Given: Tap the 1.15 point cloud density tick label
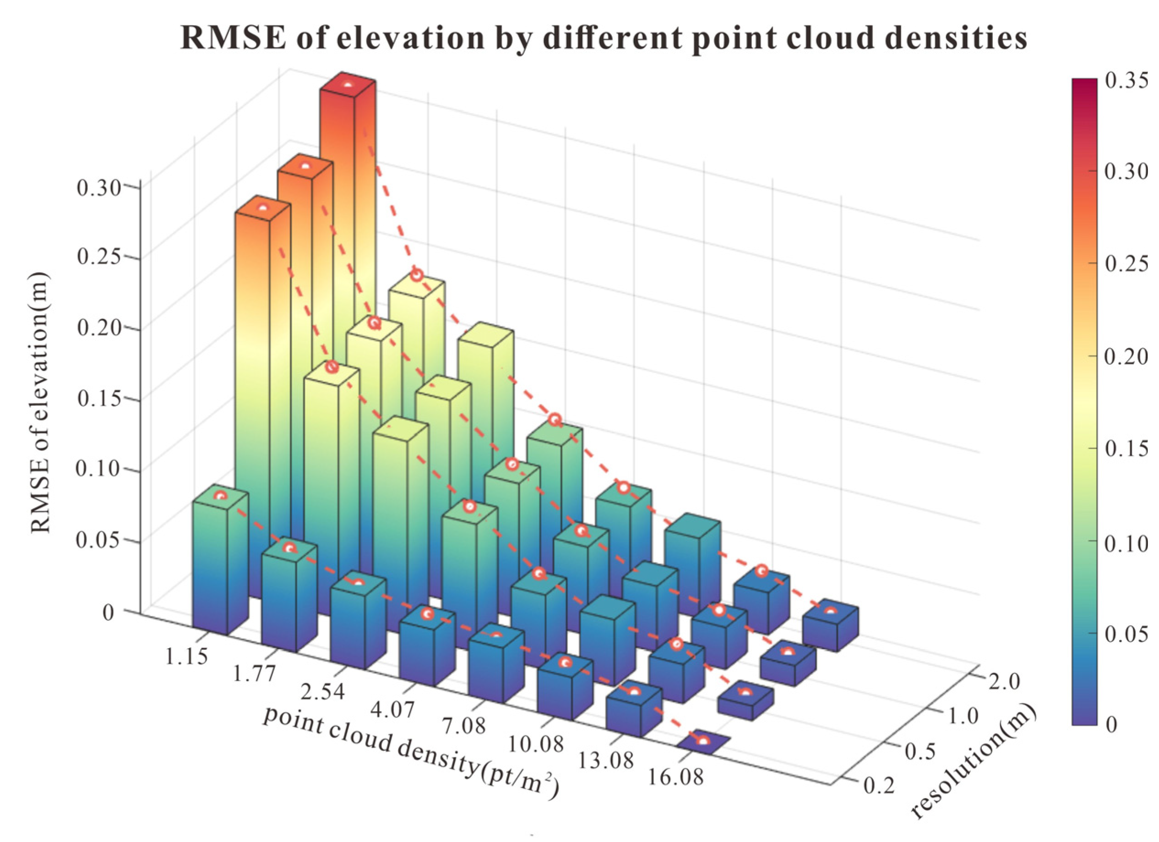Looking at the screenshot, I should pyautogui.click(x=186, y=656).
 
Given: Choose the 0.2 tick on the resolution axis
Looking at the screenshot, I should pyautogui.click(x=880, y=786).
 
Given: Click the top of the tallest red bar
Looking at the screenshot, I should pyautogui.click(x=348, y=85).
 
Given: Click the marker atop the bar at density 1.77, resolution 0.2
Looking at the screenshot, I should pyautogui.click(x=290, y=548).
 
